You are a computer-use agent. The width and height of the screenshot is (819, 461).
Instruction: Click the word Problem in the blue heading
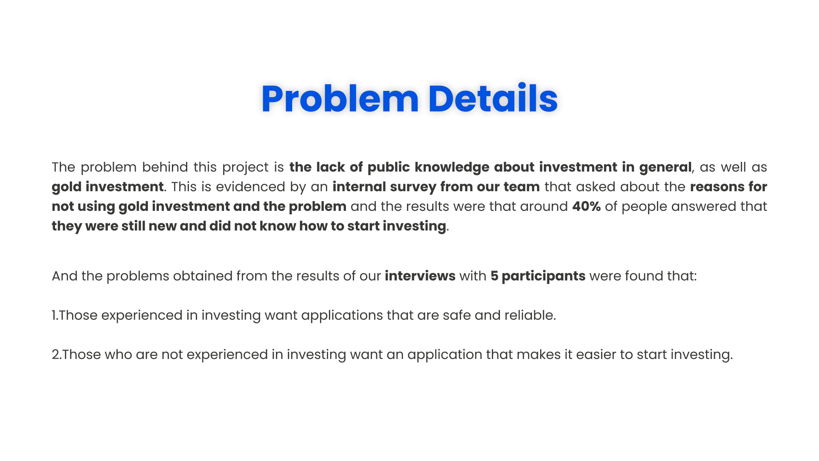click(340, 99)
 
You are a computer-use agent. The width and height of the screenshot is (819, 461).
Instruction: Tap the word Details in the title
click(493, 99)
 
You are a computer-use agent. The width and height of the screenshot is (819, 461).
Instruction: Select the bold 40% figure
click(587, 206)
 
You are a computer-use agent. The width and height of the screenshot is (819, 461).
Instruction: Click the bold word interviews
click(420, 276)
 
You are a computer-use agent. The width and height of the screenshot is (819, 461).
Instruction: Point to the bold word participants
click(543, 276)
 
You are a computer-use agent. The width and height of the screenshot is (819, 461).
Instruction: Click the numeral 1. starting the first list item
click(55, 315)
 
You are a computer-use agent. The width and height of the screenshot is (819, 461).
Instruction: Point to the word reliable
click(530, 315)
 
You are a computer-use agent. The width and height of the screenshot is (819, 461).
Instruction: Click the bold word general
click(665, 167)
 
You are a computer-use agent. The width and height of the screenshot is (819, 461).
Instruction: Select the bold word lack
click(331, 167)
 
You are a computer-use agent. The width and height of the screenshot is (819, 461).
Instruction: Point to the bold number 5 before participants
click(494, 276)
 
